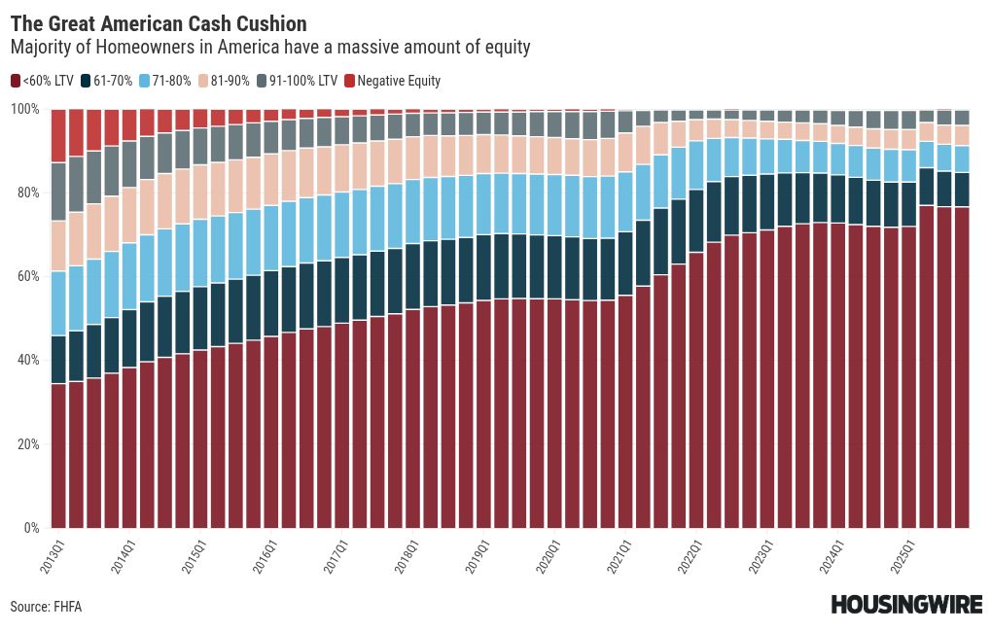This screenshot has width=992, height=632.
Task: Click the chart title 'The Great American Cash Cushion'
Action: click(159, 24)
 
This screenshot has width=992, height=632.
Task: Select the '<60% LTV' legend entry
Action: click(43, 81)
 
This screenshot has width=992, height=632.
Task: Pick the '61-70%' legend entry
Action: click(107, 81)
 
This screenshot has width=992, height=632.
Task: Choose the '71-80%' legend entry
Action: click(165, 81)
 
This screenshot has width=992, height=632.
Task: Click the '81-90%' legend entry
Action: click(224, 81)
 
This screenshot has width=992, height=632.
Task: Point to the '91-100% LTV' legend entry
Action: click(298, 81)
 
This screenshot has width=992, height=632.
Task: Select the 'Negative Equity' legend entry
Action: click(392, 81)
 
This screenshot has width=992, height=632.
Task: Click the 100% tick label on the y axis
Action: click(25, 109)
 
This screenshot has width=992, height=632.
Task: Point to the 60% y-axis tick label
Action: click(28, 276)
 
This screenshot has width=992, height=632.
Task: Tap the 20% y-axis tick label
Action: click(28, 444)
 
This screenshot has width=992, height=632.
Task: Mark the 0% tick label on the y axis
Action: click(32, 528)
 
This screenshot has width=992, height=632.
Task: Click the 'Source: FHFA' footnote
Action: click(46, 607)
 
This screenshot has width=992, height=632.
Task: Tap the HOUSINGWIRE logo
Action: click(906, 604)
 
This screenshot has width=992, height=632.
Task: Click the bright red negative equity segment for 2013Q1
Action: click(58, 136)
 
